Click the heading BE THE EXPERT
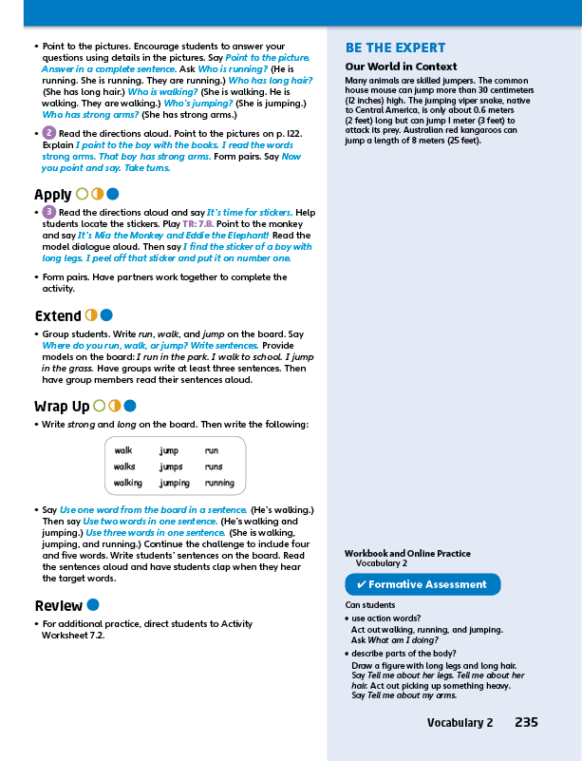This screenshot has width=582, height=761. [395, 48]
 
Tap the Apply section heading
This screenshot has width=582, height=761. [52, 195]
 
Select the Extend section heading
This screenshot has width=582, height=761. [57, 315]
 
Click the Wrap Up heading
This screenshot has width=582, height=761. [62, 407]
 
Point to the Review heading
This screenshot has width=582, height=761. [58, 605]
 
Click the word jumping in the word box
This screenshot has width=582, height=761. [175, 483]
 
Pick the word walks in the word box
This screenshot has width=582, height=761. [124, 466]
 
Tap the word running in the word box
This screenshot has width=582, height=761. [219, 483]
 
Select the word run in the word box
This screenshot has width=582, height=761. [212, 450]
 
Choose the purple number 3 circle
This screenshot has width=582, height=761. [49, 212]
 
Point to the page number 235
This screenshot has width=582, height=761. [526, 723]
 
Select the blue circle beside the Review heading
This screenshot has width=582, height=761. [93, 604]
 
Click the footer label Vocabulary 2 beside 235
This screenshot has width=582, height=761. [460, 723]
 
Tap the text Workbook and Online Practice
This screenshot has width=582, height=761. [407, 553]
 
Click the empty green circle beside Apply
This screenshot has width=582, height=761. [82, 194]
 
